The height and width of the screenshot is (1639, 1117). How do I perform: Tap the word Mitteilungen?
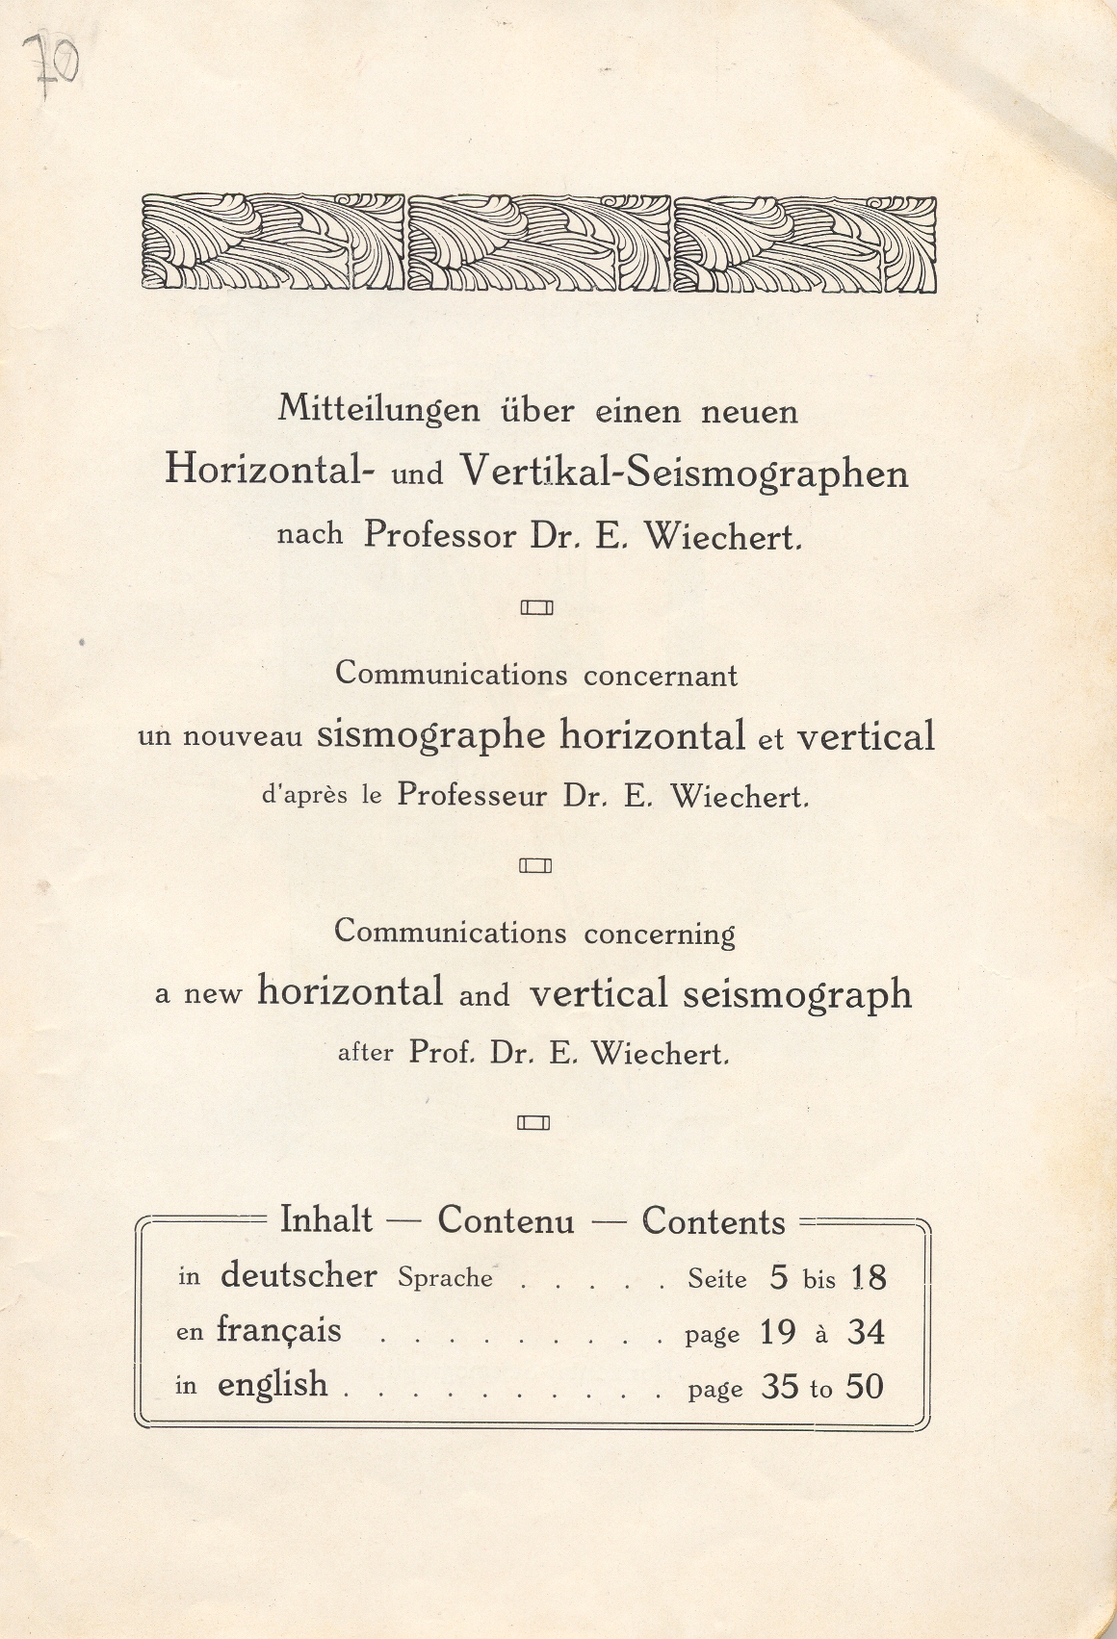click(378, 410)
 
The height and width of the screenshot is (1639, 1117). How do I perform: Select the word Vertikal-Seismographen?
click(684, 472)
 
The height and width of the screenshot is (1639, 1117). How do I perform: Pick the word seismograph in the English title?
click(797, 994)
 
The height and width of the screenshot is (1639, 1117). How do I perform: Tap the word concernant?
click(661, 676)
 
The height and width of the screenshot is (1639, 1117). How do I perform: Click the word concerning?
click(660, 934)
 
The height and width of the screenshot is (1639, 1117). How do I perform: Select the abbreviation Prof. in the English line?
click(442, 1052)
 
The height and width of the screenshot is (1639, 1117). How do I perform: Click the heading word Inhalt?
click(325, 1220)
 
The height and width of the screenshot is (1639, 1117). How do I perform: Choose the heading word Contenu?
click(506, 1221)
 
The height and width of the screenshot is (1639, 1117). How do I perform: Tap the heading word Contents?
click(714, 1221)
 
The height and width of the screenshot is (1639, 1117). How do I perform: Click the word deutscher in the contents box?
click(299, 1276)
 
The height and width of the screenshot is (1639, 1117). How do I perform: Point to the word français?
click(278, 1331)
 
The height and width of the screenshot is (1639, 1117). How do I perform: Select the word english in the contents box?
click(273, 1385)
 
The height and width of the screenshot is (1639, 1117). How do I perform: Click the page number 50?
click(865, 1387)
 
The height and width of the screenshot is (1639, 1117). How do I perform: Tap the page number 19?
click(777, 1333)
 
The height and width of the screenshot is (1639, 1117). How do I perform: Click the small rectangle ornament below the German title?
click(536, 607)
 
